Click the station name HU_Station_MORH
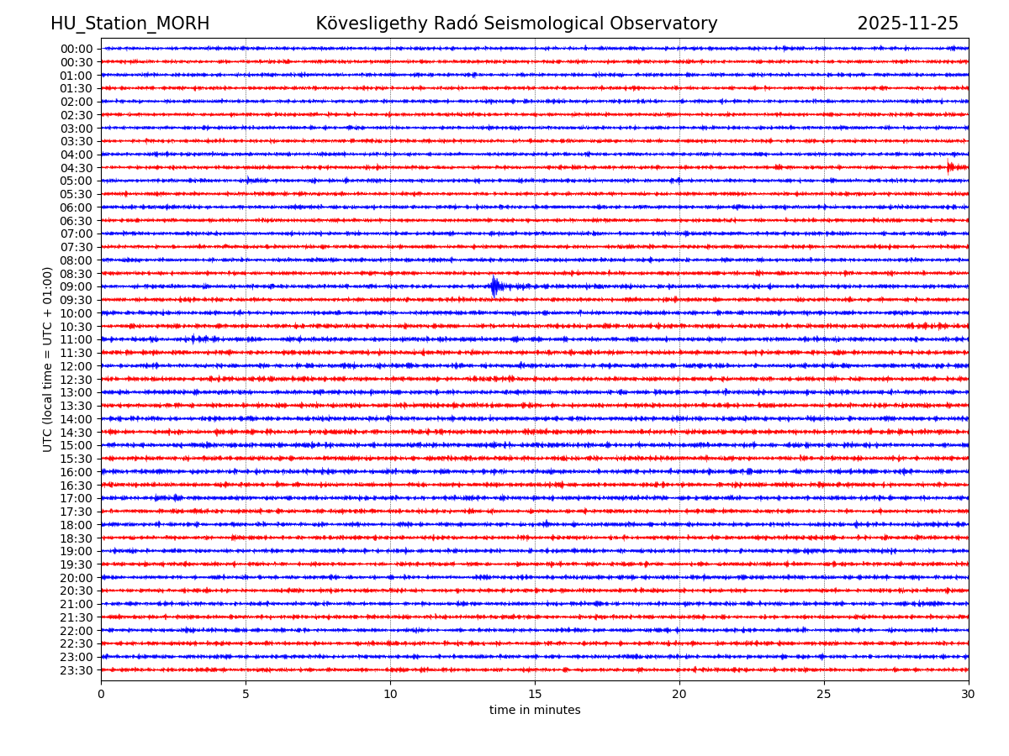point(129,24)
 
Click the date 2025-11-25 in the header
point(907,24)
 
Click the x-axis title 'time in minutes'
point(535,711)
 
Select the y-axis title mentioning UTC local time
point(48,359)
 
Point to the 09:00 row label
point(77,286)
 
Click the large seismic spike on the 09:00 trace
point(494,286)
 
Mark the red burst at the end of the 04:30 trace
point(953,167)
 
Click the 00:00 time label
point(77,49)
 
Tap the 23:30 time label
point(77,670)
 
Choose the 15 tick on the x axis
point(535,695)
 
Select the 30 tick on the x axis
point(969,695)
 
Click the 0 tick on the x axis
point(101,695)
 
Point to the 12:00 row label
point(77,366)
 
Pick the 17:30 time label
point(77,512)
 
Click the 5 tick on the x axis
point(246,695)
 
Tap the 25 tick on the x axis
point(824,695)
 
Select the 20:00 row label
point(77,578)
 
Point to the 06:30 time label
point(77,221)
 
